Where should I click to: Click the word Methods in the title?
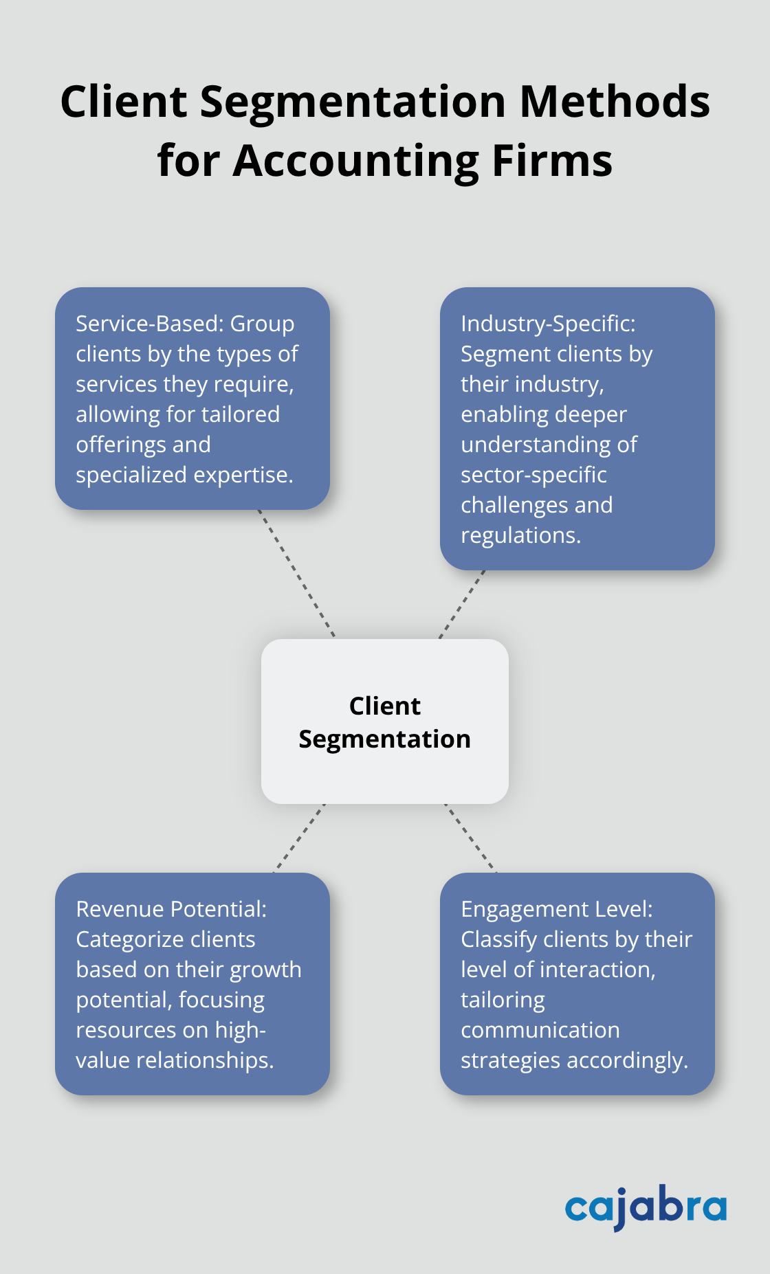coord(614,102)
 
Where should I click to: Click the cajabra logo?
coord(646,1207)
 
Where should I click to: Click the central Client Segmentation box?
coord(385,722)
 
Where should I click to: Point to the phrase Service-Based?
coord(149,323)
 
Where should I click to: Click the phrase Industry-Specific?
coord(548,323)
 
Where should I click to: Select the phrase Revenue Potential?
coord(170,908)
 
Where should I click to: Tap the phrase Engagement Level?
coord(556,908)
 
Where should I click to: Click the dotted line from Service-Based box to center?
coord(296,574)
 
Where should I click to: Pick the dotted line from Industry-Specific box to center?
coord(462,604)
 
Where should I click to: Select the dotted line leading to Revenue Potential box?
coord(299,838)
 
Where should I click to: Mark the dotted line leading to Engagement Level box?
coord(470,838)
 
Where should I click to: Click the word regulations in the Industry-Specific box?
coord(520,535)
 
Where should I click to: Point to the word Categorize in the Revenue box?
coord(131,939)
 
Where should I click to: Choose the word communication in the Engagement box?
coord(540,1030)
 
